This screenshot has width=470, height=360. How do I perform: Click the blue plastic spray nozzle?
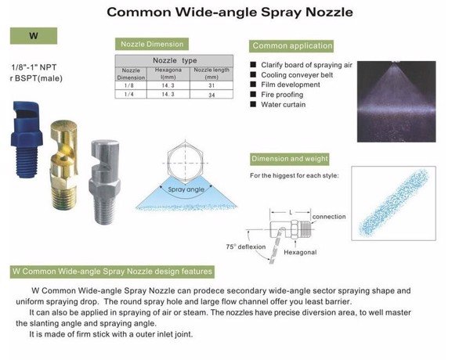[x=26, y=139]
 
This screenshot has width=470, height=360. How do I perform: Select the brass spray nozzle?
[x=64, y=164]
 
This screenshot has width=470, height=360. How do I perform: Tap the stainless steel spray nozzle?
[x=105, y=182]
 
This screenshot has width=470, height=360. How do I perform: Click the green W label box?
[x=34, y=36]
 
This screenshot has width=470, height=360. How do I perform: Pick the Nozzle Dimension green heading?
[x=152, y=44]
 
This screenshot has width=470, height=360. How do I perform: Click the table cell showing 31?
[x=211, y=85]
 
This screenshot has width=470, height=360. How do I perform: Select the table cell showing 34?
[x=211, y=95]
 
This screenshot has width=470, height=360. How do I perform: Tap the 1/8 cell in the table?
[x=129, y=85]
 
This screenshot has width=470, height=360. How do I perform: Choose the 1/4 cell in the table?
[x=129, y=95]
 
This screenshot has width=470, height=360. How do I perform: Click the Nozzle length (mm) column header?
[x=211, y=74]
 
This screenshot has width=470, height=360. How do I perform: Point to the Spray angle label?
[x=186, y=189]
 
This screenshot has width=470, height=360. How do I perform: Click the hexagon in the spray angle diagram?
[x=186, y=162]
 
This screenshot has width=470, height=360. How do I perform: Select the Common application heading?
[x=292, y=46]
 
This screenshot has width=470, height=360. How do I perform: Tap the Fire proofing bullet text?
[x=282, y=95]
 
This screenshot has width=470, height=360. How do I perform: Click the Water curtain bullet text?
[x=284, y=105]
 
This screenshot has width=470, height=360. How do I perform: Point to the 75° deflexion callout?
[x=246, y=247]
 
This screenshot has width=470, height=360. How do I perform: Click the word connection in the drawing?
[x=329, y=217]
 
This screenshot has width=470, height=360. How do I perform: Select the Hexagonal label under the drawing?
[x=300, y=253]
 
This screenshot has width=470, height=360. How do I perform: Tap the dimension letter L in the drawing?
[x=291, y=212]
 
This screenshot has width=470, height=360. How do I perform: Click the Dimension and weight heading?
[x=290, y=159]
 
